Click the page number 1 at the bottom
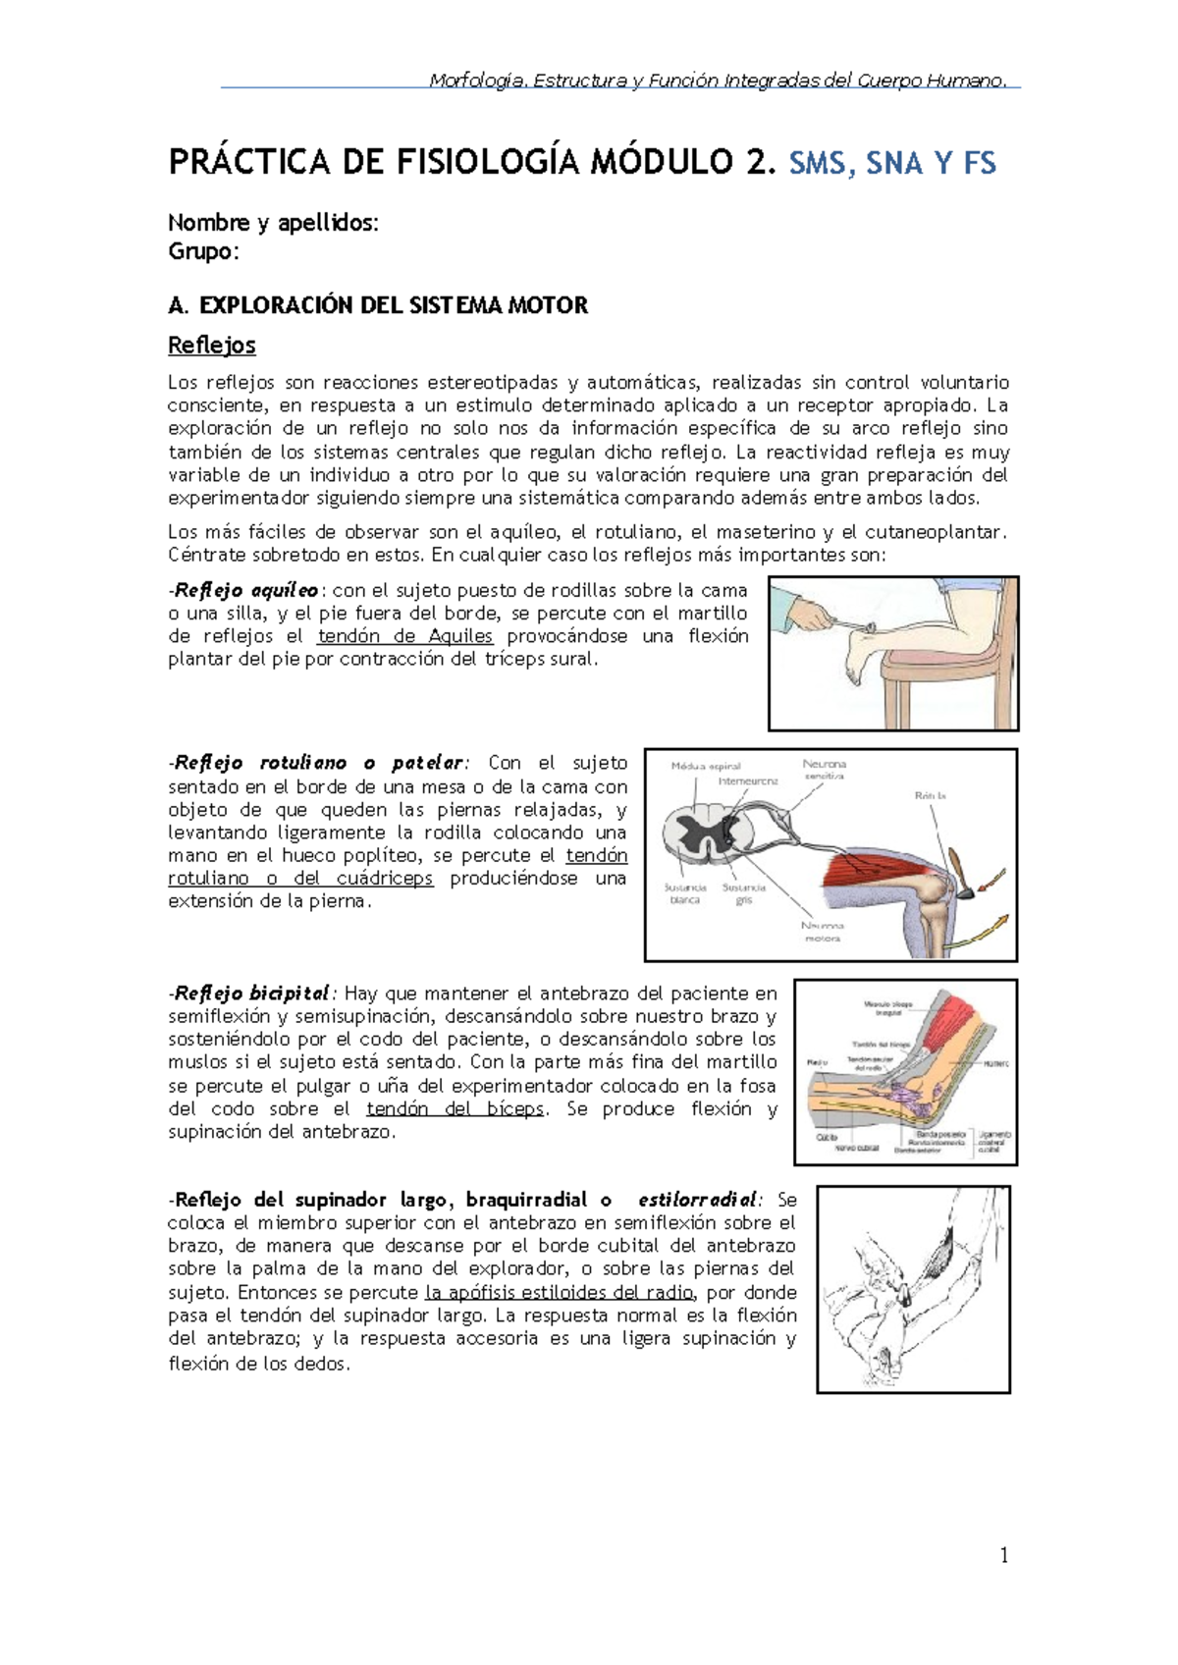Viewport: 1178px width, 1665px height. pyautogui.click(x=1003, y=1554)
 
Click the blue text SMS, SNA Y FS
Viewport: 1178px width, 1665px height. pyautogui.click(x=892, y=162)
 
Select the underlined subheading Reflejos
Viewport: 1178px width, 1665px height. pyautogui.click(x=212, y=346)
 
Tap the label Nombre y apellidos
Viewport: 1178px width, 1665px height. pyautogui.click(x=273, y=223)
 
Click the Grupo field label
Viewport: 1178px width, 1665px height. pyautogui.click(x=203, y=251)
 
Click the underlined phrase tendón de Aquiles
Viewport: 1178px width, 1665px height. pyautogui.click(x=404, y=636)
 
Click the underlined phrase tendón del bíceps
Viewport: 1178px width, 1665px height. pyautogui.click(x=455, y=1108)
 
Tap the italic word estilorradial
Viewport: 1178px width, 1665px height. pyautogui.click(x=697, y=1200)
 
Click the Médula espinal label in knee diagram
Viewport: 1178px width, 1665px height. pyautogui.click(x=706, y=766)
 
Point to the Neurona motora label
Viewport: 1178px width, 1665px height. pyautogui.click(x=822, y=932)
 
